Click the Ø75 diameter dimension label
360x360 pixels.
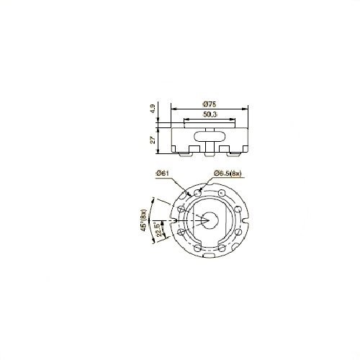click(x=210, y=104)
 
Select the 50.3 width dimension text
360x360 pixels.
click(x=210, y=114)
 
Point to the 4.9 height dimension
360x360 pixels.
click(x=153, y=109)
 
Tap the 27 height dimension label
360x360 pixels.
click(x=153, y=140)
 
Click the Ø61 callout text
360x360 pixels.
click(x=163, y=173)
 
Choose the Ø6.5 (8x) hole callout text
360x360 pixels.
click(x=228, y=174)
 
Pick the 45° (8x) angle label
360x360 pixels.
click(x=143, y=220)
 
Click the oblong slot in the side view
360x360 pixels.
click(x=210, y=136)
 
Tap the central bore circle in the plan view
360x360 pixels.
click(x=210, y=220)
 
